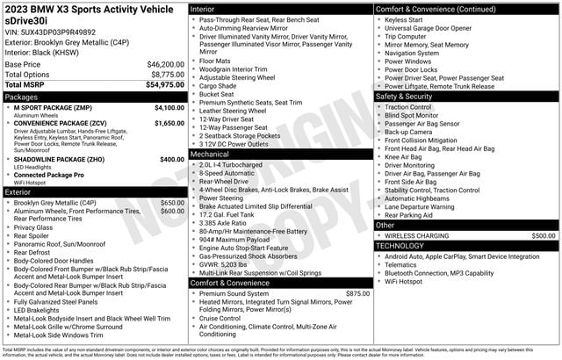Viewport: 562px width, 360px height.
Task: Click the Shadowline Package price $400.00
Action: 172,160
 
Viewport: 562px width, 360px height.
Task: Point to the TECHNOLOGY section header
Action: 405,246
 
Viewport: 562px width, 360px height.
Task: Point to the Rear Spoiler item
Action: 36,236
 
